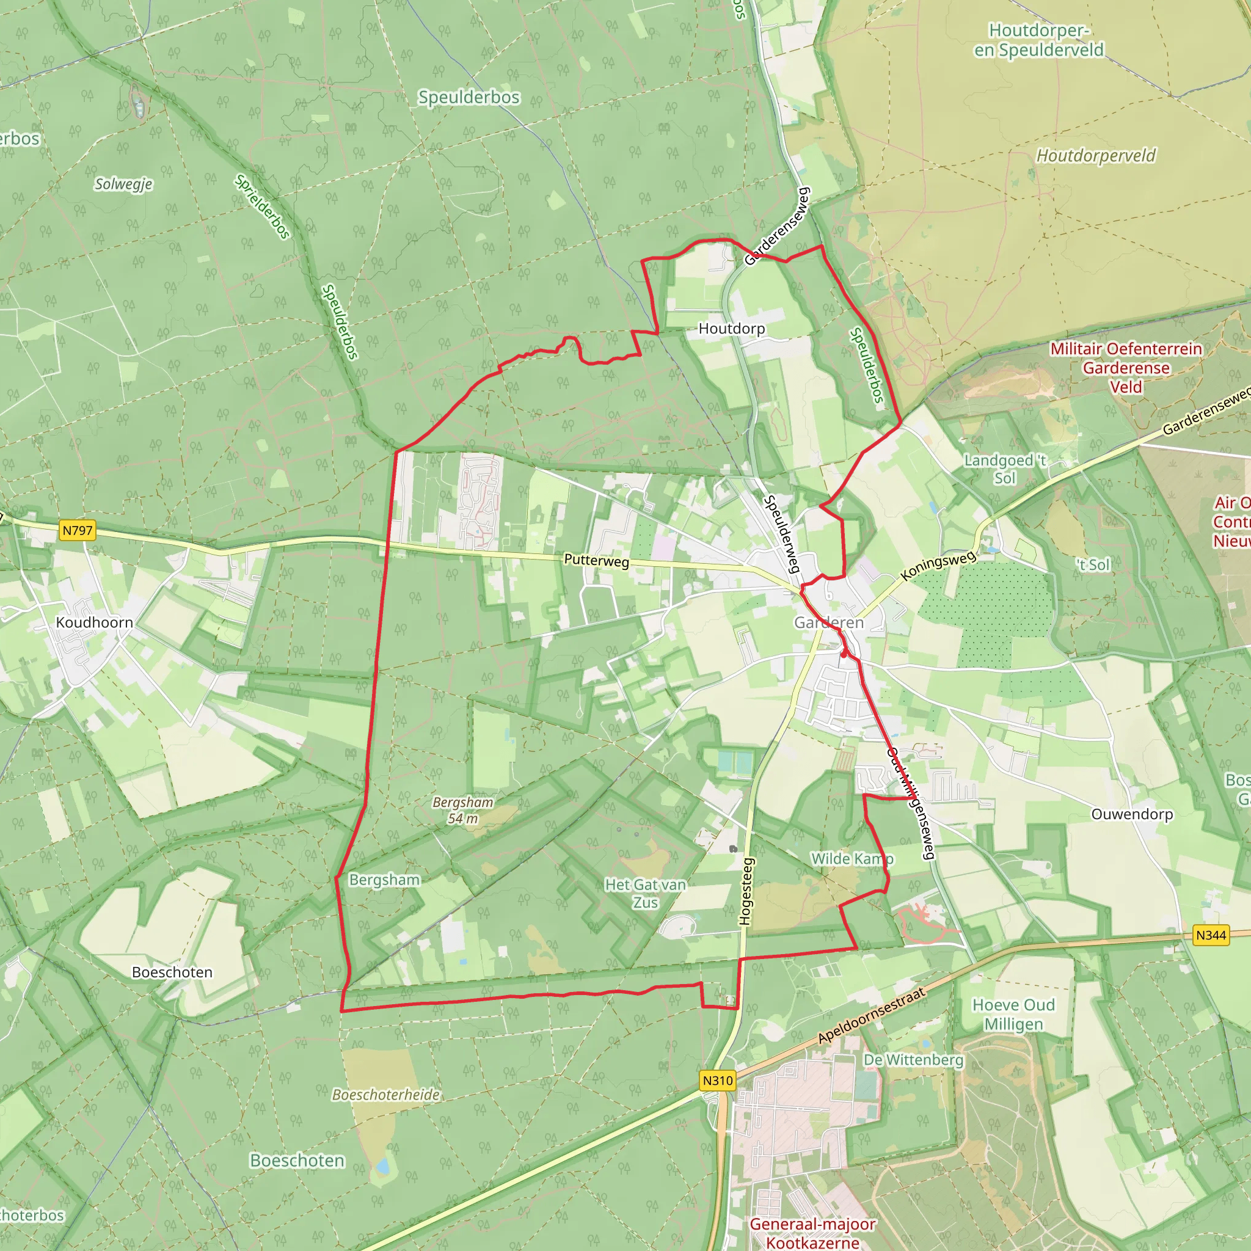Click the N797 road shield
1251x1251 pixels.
click(77, 530)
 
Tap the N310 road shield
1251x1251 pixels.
click(718, 1080)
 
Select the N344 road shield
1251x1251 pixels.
click(1210, 935)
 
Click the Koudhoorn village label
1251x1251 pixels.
click(95, 622)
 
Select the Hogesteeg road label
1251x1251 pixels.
click(746, 891)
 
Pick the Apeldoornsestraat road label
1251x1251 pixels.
click(871, 1015)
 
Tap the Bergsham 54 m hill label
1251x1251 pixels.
click(463, 810)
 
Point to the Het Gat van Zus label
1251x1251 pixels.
click(645, 893)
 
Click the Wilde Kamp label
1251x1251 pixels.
click(852, 859)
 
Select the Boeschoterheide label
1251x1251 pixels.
click(386, 1094)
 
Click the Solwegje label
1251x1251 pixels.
click(123, 184)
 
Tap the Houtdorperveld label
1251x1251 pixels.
click(1096, 155)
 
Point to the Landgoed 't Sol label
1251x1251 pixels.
click(1005, 469)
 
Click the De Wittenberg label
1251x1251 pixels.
click(913, 1060)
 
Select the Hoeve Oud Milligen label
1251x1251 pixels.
click(1013, 1014)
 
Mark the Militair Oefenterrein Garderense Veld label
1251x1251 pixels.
click(1126, 367)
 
